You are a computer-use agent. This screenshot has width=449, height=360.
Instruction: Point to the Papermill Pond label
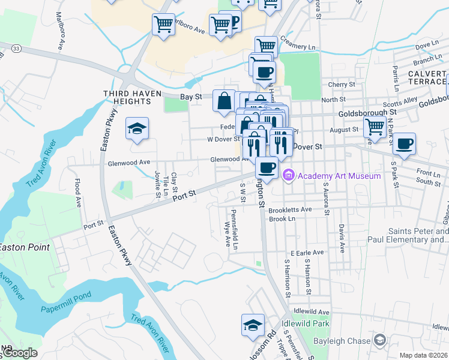coord(64,308)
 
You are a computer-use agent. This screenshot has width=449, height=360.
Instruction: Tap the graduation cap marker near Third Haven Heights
coord(137,128)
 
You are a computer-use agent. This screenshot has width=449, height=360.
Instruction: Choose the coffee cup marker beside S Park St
coord(405,145)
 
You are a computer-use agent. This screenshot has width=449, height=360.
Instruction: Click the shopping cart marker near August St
coord(375,127)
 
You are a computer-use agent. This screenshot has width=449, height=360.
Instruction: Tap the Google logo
coord(19,353)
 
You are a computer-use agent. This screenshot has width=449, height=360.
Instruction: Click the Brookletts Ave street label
coord(290,209)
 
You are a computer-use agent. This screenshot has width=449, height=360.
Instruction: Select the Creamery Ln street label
coord(298,46)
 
